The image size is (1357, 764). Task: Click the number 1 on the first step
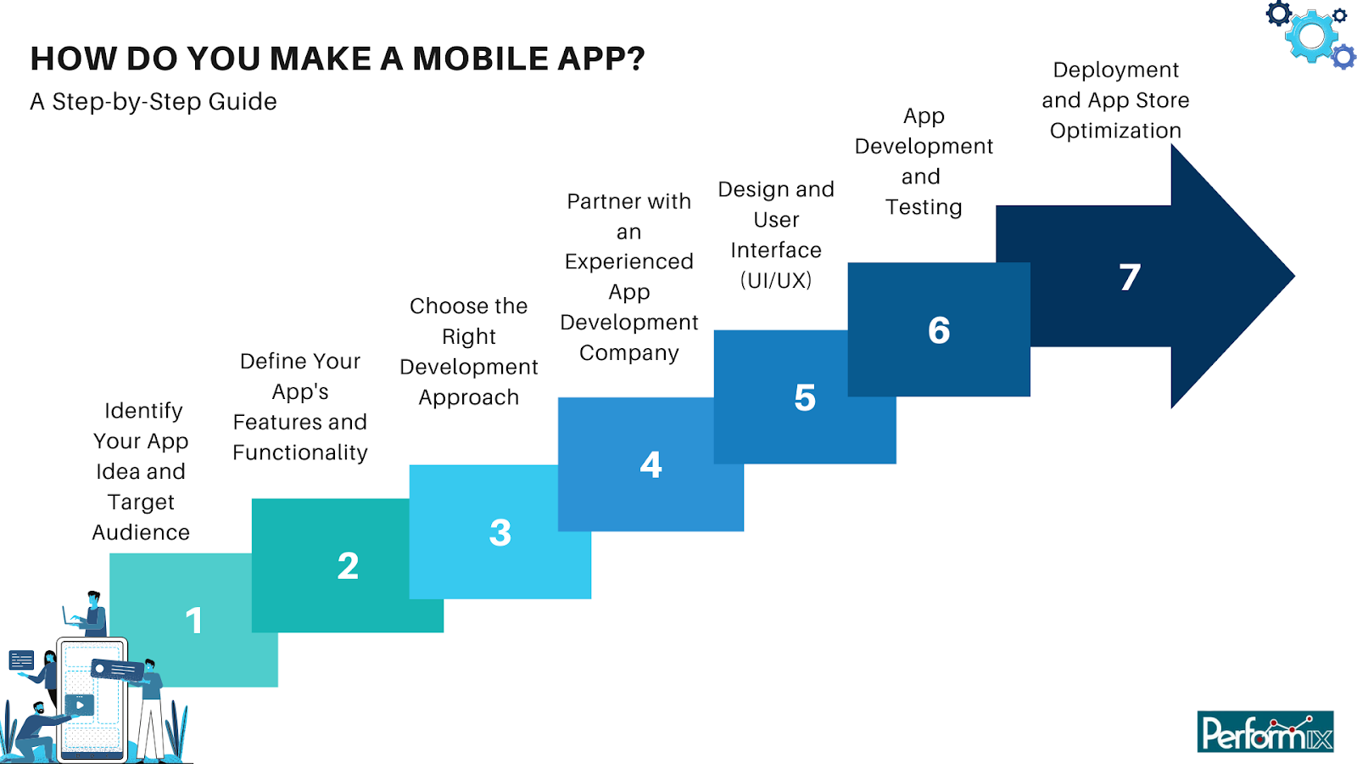194,621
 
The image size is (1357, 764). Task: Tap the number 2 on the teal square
348,566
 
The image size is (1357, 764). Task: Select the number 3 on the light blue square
500,533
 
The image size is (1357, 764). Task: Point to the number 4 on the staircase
651,464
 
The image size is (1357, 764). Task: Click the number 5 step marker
805,398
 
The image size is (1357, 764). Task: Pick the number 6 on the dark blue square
939,330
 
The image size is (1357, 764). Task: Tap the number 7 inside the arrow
1130,278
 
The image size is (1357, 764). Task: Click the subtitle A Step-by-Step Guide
154,102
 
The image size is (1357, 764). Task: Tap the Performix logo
1265,732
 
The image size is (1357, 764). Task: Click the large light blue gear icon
1311,36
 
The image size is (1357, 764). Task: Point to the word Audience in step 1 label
141,532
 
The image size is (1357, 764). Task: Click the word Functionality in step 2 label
300,452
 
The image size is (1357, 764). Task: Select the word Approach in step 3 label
468,397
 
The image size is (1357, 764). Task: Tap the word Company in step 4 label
628,353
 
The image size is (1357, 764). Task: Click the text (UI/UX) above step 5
775,280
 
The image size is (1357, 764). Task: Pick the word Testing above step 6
924,207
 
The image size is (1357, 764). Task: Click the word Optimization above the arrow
1115,131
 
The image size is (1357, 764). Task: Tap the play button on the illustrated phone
80,705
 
